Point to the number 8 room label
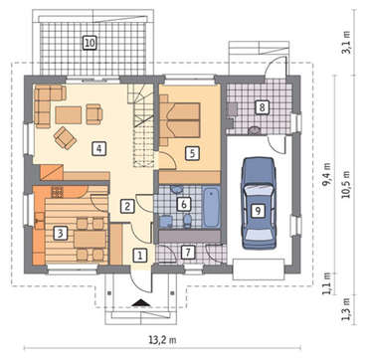click(x=262, y=107)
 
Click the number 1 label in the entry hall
click(x=140, y=256)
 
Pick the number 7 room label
click(x=188, y=253)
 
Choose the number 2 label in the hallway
click(x=126, y=206)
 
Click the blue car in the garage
click(x=259, y=203)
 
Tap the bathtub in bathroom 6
click(x=211, y=207)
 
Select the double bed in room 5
click(x=180, y=120)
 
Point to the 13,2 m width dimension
click(x=162, y=339)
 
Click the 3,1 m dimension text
click(x=347, y=43)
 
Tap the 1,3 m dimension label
click(x=347, y=308)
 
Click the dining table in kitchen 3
click(x=90, y=239)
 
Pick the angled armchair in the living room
click(x=66, y=137)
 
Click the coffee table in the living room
click(x=69, y=115)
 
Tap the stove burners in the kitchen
click(x=57, y=192)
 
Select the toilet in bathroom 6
click(x=187, y=221)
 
